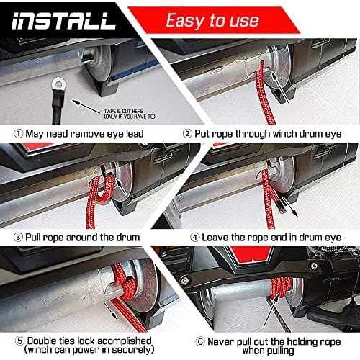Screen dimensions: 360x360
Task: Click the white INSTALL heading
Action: tap(63, 21)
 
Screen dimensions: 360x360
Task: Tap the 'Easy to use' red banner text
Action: tap(212, 20)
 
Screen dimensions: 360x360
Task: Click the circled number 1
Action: tap(18, 134)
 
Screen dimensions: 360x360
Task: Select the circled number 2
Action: tap(187, 134)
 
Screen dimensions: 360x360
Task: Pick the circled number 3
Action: tap(18, 238)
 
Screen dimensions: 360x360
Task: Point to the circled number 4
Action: tap(195, 238)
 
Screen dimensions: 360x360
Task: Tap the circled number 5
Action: tap(20, 341)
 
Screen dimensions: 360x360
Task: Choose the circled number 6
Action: tap(200, 341)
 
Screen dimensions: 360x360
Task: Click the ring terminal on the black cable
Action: tap(58, 84)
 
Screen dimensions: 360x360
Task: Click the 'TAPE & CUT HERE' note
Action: tap(130, 114)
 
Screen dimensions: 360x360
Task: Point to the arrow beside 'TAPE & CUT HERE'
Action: tap(86, 107)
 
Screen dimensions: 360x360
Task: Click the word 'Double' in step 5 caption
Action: tap(42, 341)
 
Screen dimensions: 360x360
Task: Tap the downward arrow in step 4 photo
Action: tap(289, 207)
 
